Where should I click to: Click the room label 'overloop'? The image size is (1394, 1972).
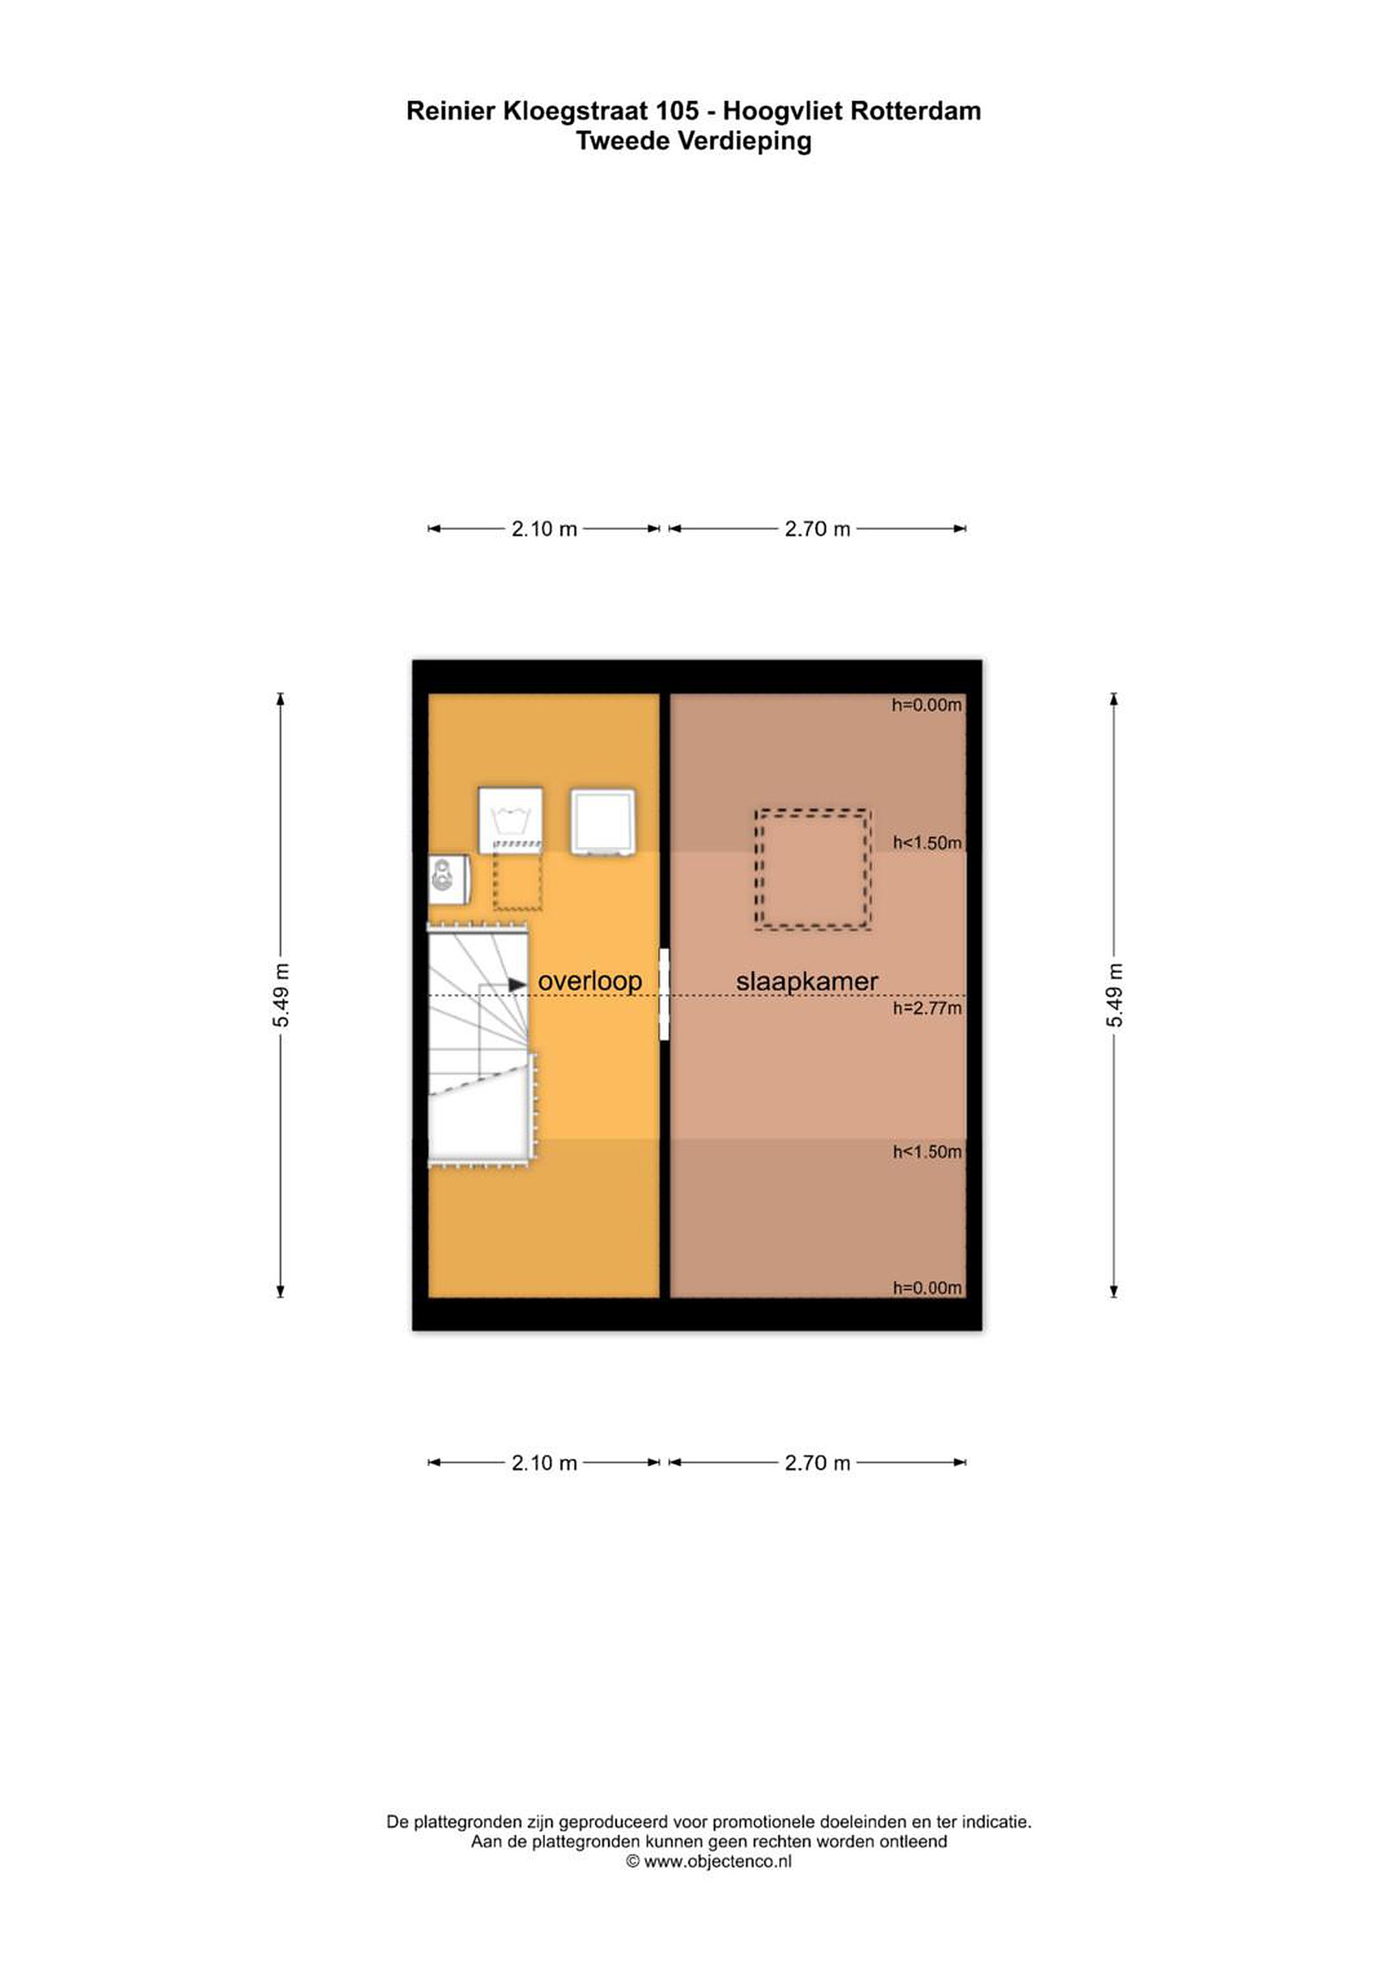pyautogui.click(x=590, y=981)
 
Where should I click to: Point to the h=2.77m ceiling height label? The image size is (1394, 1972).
pyautogui.click(x=927, y=1009)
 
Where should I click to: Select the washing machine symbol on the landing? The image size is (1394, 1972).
pyautogui.click(x=510, y=820)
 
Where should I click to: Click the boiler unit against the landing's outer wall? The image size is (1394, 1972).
pyautogui.click(x=448, y=878)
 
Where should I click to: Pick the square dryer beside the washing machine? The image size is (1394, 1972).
pyautogui.click(x=603, y=822)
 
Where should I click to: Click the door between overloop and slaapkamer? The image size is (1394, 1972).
pyautogui.click(x=664, y=995)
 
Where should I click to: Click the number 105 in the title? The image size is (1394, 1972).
pyautogui.click(x=677, y=111)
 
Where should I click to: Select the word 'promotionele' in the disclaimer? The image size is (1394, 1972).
pyautogui.click(x=763, y=1821)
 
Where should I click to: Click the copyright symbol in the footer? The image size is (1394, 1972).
pyautogui.click(x=633, y=1861)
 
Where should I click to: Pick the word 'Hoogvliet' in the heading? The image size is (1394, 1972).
pyautogui.click(x=783, y=112)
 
